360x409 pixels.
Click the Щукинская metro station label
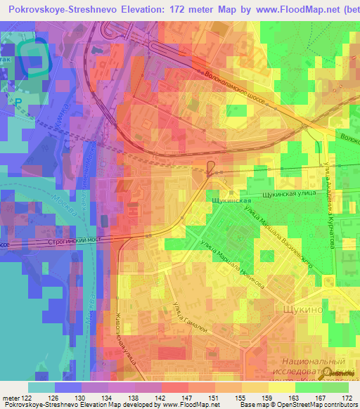(x=231, y=200)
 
